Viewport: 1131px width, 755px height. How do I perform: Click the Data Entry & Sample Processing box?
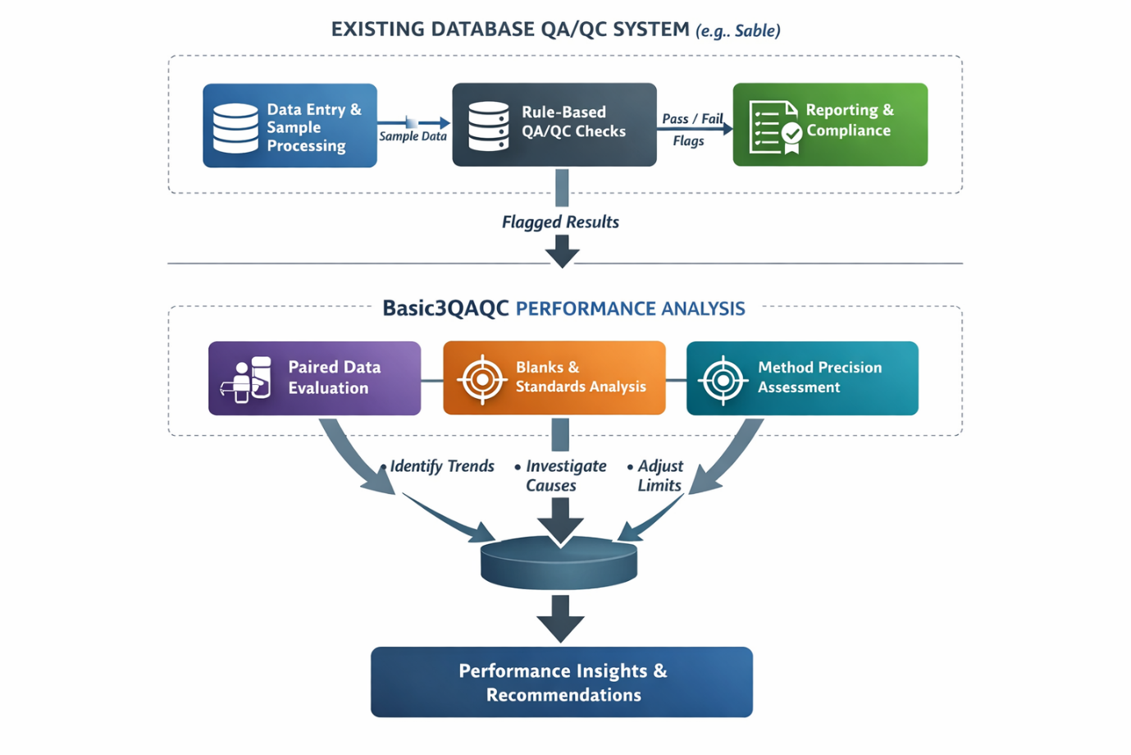[290, 126]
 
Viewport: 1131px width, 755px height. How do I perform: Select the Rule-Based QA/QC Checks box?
[554, 124]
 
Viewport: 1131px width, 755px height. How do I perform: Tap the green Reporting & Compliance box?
[830, 124]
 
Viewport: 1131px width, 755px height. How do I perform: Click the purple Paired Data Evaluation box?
[314, 378]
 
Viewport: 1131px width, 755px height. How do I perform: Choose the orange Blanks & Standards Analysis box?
[554, 378]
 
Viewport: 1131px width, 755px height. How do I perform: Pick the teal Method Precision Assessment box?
[802, 378]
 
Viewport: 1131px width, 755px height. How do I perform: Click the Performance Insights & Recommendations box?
[562, 682]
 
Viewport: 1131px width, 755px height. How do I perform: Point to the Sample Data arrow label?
[413, 136]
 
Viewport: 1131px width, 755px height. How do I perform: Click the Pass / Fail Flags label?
[692, 130]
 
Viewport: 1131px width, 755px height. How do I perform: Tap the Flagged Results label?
[560, 222]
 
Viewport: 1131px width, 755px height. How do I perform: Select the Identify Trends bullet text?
[441, 466]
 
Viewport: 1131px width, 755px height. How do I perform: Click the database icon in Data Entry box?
[235, 128]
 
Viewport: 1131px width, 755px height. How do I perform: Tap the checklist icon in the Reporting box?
[774, 127]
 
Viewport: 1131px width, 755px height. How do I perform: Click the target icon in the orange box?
[482, 379]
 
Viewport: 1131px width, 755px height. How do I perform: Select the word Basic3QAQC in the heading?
[445, 309]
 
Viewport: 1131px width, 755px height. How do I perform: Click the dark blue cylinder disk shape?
[559, 563]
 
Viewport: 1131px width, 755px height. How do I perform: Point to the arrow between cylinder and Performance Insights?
[560, 618]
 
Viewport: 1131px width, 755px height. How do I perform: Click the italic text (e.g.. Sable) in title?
[737, 31]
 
